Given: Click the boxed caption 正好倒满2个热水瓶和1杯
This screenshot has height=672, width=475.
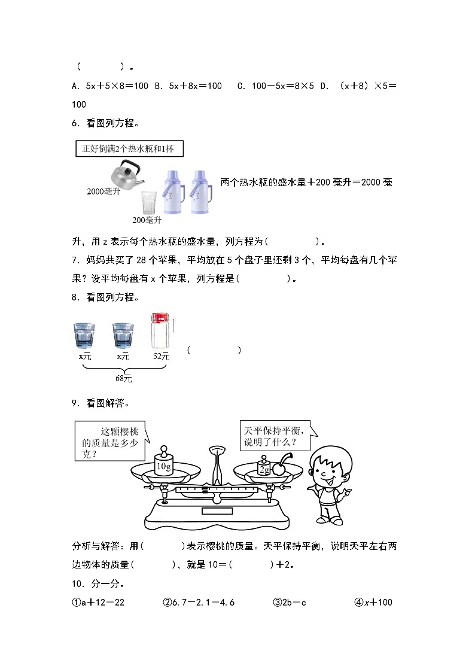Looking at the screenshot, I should click(129, 148).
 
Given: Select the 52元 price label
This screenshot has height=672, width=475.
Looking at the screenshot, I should click(161, 356).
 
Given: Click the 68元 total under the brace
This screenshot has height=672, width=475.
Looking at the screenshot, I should click(123, 379).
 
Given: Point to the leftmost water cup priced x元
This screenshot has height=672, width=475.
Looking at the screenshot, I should click(84, 335).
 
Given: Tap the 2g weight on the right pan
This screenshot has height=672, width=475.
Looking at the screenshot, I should click(264, 467).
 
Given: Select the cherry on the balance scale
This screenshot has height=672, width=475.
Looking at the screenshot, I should click(279, 467).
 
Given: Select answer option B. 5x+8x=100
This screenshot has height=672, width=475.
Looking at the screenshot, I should click(188, 86).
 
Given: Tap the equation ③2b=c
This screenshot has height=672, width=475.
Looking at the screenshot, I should click(290, 602).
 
